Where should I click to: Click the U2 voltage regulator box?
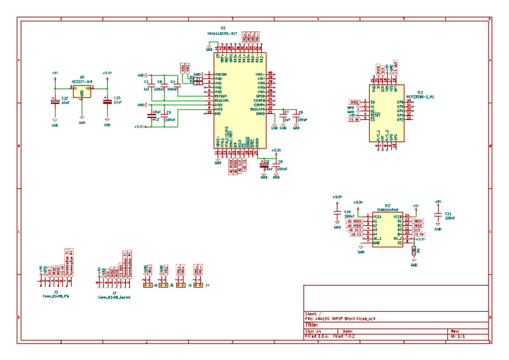tap(82, 91)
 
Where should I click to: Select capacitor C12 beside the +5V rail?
tap(54, 101)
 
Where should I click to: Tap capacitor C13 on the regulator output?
tap(107, 101)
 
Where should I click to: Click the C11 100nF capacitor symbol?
tap(437, 215)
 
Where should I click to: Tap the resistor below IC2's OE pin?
tap(414, 251)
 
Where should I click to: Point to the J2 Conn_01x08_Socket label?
tap(114, 296)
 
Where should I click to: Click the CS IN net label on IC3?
tap(355, 119)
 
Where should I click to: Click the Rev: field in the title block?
tap(456, 331)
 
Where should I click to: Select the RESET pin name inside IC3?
tap(375, 115)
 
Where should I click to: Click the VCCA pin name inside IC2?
tap(378, 216)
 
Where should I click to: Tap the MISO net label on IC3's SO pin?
tap(355, 103)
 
